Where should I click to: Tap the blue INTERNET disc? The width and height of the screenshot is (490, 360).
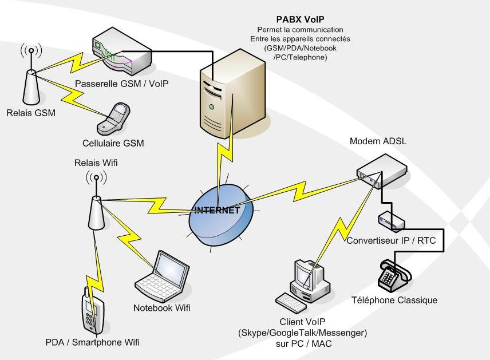[x=221, y=211]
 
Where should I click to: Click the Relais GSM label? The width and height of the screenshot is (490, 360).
[x=31, y=113]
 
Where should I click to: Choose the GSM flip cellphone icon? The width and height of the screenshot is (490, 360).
[x=112, y=118]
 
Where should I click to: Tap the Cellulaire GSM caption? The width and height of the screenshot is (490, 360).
[x=113, y=143]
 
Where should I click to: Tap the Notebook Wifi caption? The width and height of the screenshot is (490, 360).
[x=162, y=308]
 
